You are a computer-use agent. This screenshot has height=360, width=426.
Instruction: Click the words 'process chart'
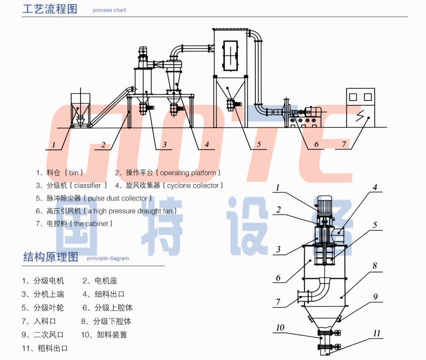(x=109, y=10)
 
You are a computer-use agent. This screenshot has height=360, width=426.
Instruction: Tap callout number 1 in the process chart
(x=54, y=145)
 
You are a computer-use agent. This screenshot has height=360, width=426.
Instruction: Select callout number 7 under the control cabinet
(x=344, y=144)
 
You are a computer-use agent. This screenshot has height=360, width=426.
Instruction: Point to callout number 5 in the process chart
(x=259, y=144)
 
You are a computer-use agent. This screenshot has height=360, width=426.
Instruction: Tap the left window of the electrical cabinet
(x=353, y=97)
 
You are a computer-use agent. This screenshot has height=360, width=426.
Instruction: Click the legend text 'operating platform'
(x=188, y=173)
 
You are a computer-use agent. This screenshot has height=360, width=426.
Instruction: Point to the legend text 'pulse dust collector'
(x=117, y=198)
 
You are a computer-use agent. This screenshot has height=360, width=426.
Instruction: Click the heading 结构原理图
(x=50, y=256)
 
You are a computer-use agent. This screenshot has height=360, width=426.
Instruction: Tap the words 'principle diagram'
(x=108, y=258)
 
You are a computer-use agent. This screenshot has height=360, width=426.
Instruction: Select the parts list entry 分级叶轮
(x=49, y=308)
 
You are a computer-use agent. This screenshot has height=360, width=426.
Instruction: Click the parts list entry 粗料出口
(x=52, y=348)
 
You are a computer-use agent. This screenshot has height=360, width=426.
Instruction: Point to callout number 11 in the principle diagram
(x=377, y=333)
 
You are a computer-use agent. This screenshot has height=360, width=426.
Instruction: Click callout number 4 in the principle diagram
(x=375, y=187)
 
